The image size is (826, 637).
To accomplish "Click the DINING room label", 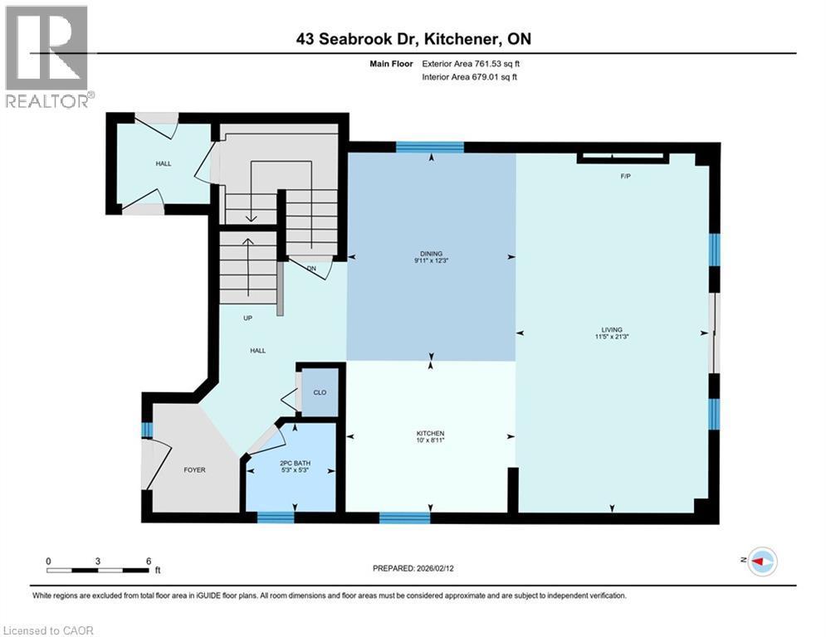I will coord(431,254).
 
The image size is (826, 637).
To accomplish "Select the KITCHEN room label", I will coord(430,434).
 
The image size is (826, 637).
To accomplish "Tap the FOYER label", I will coord(194,469).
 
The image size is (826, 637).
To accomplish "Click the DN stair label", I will coord(311,268).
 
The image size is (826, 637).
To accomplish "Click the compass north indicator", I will coord(761,562).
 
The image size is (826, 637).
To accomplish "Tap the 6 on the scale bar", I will coord(148,562).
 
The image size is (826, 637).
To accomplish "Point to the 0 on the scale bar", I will coord(48,562).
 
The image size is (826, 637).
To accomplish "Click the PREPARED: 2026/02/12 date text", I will coord(413,568).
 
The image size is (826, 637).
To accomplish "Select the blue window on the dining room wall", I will coord(429,148).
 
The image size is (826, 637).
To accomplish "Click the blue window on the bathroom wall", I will coord(276,518).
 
